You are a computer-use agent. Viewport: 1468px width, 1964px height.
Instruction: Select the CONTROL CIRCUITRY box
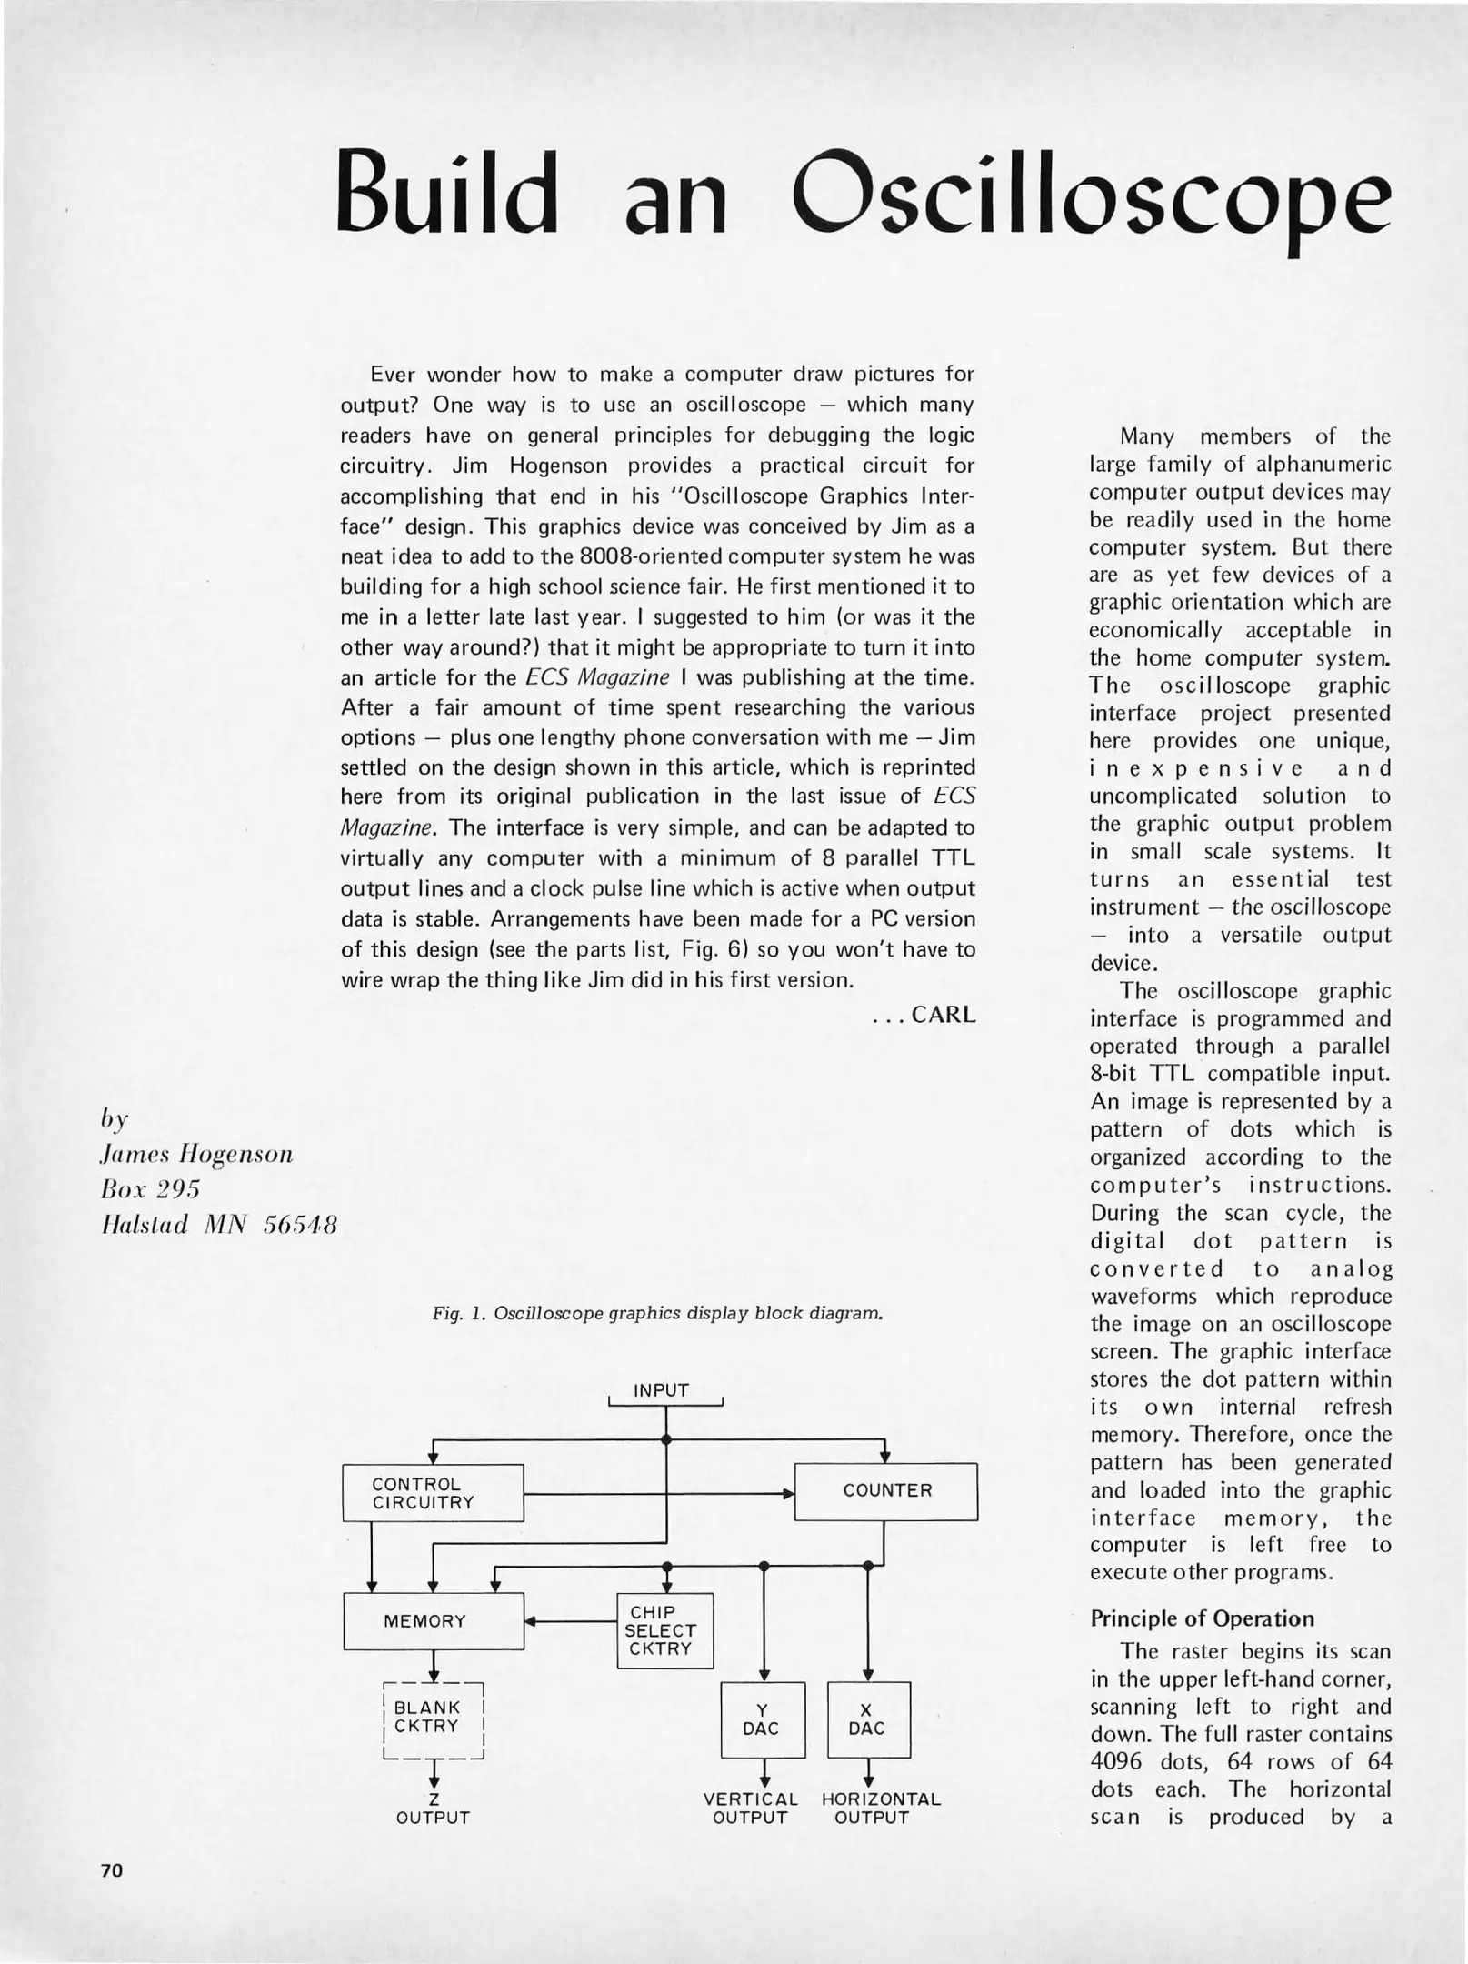pos(433,1493)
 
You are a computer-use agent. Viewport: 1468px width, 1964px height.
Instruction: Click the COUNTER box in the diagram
pos(886,1491)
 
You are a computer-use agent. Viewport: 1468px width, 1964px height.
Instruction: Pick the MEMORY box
pos(434,1621)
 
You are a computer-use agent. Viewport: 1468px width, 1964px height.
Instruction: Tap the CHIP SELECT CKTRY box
pos(664,1631)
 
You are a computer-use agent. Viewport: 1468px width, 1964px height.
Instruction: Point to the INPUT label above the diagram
pos(662,1390)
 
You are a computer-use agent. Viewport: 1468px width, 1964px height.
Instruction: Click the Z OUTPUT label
pos(434,1809)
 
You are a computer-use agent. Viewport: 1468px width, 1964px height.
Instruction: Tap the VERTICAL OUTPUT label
pos(750,1809)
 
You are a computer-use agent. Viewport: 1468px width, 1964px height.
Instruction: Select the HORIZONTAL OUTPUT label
pos(881,1809)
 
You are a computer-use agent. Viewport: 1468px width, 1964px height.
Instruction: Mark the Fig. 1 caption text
pos(658,1314)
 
